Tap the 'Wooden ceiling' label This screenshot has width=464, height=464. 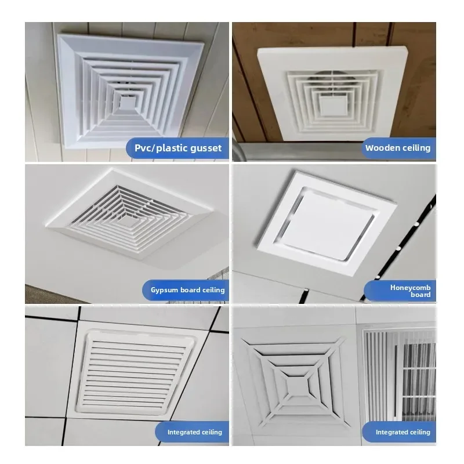pyautogui.click(x=397, y=148)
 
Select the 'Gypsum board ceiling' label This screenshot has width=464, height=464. pyautogui.click(x=184, y=289)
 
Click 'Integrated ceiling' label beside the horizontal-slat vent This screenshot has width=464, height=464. pyautogui.click(x=187, y=432)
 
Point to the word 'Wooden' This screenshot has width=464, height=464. pyautogui.click(x=382, y=148)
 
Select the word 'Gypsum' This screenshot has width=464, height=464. pyautogui.click(x=162, y=289)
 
